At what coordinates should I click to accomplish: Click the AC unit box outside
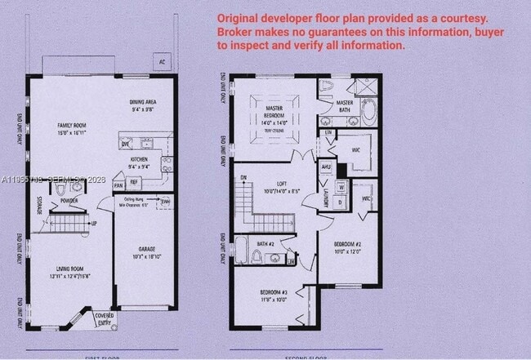[163, 61]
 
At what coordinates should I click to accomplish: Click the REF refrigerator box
[134, 182]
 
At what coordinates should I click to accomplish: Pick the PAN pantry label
[118, 185]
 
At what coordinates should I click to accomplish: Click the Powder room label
[69, 200]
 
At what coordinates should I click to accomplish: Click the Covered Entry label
[104, 318]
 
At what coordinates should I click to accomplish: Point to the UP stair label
[95, 223]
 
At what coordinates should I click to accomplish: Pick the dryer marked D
[338, 201]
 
